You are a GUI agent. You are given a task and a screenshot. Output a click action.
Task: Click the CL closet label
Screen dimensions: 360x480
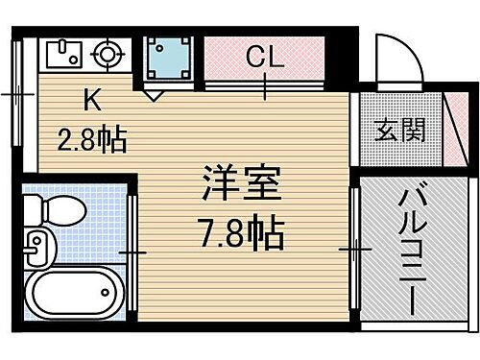click(x=265, y=58)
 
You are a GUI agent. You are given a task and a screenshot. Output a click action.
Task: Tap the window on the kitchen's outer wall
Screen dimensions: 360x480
click(x=17, y=96)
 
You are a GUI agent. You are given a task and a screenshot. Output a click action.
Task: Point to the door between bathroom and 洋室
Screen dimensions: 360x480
click(x=132, y=252)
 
